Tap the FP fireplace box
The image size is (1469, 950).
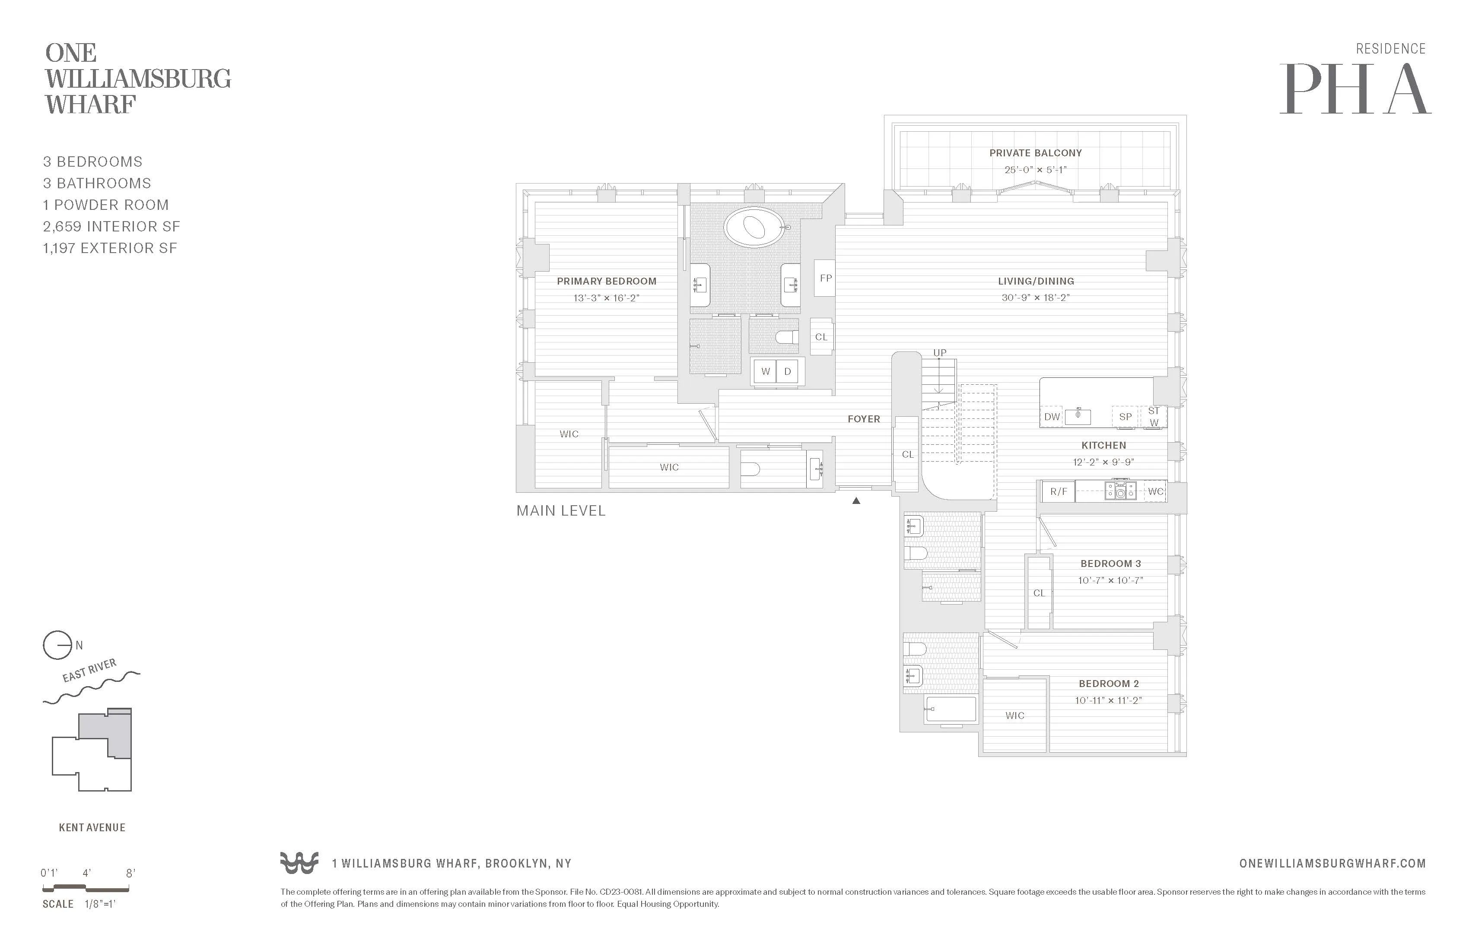coord(825,278)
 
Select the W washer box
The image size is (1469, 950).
coord(765,371)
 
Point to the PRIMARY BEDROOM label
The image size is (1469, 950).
coord(606,281)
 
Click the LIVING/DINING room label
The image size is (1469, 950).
coord(1036,281)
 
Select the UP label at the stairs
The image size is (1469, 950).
coord(939,353)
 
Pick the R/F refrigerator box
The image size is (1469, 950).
coord(1059,492)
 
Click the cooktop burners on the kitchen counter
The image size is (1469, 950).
coord(1120,491)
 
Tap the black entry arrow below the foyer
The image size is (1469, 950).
coord(856,501)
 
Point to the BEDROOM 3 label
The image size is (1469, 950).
coord(1110,563)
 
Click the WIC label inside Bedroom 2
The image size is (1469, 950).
coord(1015,716)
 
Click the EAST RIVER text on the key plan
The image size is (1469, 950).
coord(89,671)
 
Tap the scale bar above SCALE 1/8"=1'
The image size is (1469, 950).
coord(86,888)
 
